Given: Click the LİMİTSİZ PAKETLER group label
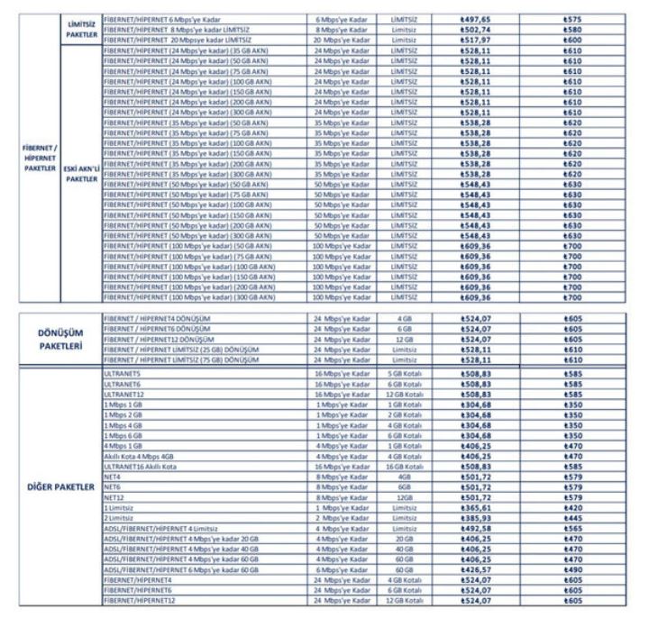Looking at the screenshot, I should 81,28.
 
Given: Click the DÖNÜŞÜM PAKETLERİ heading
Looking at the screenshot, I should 59,338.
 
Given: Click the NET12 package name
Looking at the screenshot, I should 113,498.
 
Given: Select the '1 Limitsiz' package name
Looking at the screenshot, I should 120,508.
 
